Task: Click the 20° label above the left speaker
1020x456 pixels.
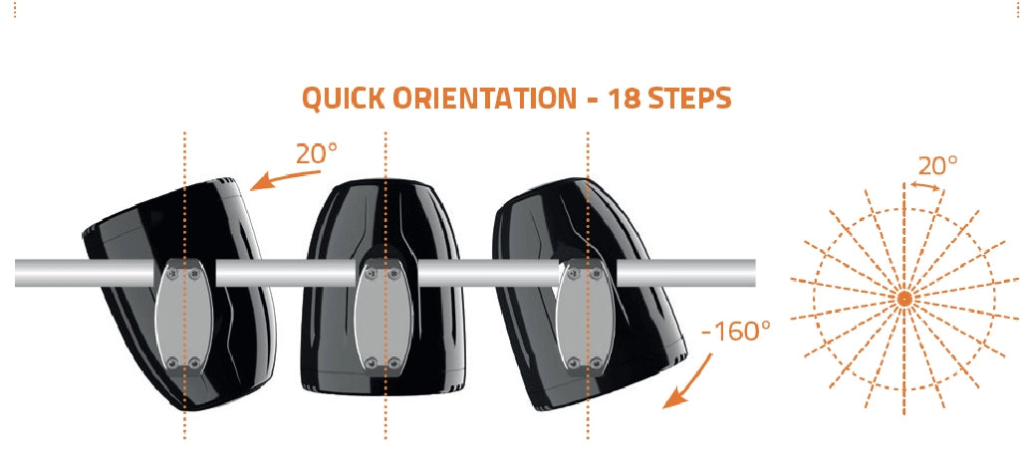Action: click(317, 154)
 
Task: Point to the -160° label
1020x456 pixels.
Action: click(736, 332)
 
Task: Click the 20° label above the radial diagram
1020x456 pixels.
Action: click(937, 166)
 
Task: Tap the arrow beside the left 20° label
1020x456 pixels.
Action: click(285, 180)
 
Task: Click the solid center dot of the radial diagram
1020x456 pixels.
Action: click(903, 299)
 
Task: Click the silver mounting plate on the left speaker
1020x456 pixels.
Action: click(184, 316)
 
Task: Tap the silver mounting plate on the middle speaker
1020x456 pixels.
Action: click(384, 316)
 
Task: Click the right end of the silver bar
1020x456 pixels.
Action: click(754, 273)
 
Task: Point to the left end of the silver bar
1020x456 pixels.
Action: click(17, 273)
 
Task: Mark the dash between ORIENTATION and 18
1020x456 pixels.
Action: click(592, 101)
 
